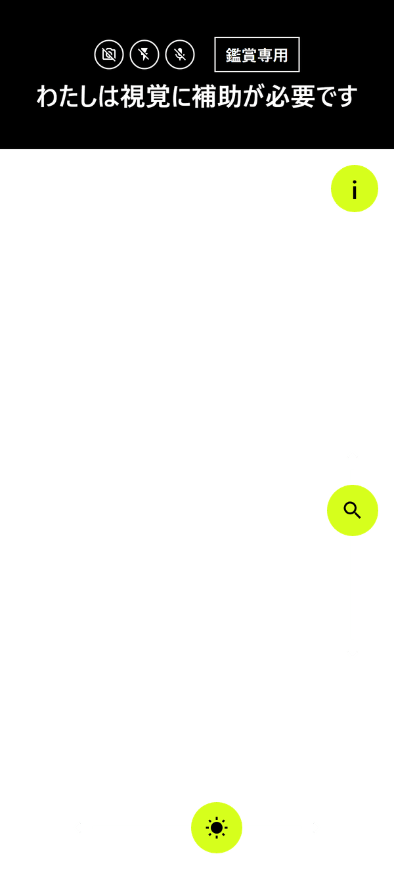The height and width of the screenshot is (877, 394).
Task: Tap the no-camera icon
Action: point(109,55)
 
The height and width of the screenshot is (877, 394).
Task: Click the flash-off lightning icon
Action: point(144,55)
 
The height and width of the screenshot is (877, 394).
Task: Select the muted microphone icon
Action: point(180,55)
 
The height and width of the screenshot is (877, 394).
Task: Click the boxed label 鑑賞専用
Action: point(257,55)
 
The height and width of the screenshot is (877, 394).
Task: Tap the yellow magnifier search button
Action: point(353,510)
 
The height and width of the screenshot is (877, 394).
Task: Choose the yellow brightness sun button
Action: point(217,828)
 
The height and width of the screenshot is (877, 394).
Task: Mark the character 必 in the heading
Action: point(278,97)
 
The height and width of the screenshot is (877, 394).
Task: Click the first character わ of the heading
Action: point(48,97)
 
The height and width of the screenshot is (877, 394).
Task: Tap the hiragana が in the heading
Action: point(253,97)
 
